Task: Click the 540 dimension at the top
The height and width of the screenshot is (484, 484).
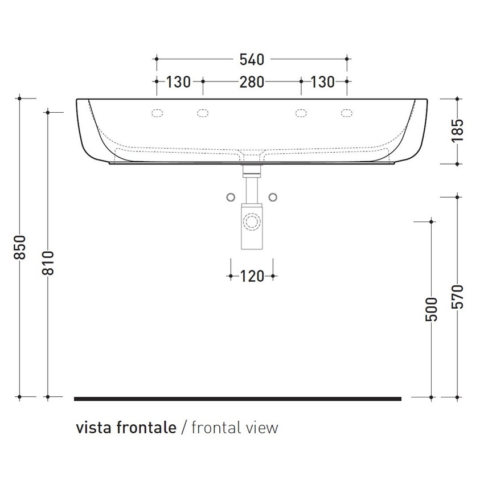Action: pyautogui.click(x=251, y=59)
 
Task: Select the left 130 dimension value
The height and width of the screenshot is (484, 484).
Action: pyautogui.click(x=178, y=82)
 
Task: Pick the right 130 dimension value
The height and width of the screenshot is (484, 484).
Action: pyautogui.click(x=322, y=82)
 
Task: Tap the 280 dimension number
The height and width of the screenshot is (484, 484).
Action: pyautogui.click(x=251, y=82)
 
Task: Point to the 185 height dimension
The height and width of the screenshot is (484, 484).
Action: pyautogui.click(x=460, y=130)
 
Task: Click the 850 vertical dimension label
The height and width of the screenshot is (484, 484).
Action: pyautogui.click(x=20, y=247)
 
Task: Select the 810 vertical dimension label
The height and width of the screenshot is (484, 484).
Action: pyautogui.click(x=48, y=262)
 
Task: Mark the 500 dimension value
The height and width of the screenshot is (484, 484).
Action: pyautogui.click(x=432, y=309)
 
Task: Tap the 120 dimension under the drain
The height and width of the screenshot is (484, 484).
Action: pyautogui.click(x=252, y=277)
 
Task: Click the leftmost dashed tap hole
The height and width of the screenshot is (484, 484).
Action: pyautogui.click(x=157, y=113)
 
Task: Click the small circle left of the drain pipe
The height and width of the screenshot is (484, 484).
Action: pyautogui.click(x=231, y=196)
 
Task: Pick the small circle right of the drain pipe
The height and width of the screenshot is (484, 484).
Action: pyautogui.click(x=274, y=196)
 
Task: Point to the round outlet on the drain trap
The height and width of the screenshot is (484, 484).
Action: pyautogui.click(x=252, y=220)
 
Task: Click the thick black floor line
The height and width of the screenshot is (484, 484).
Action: pyautogui.click(x=237, y=399)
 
